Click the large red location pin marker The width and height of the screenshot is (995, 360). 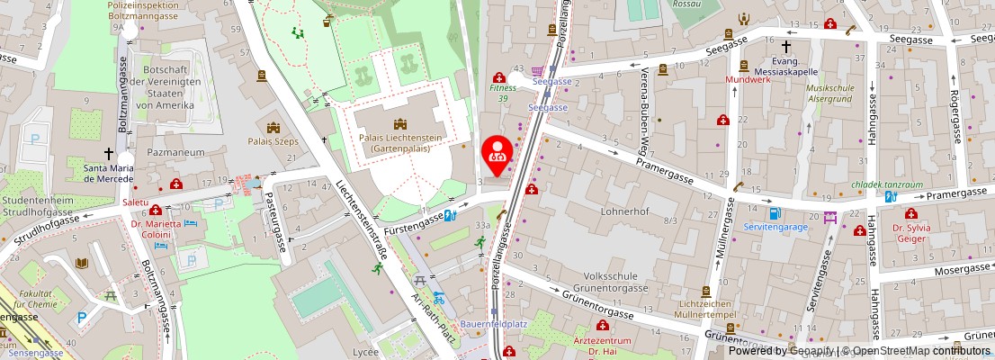pos(497,151)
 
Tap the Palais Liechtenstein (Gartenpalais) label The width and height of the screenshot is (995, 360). pos(393,143)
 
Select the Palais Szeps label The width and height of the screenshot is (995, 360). pos(274,141)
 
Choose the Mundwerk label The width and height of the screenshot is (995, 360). pos(750,79)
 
